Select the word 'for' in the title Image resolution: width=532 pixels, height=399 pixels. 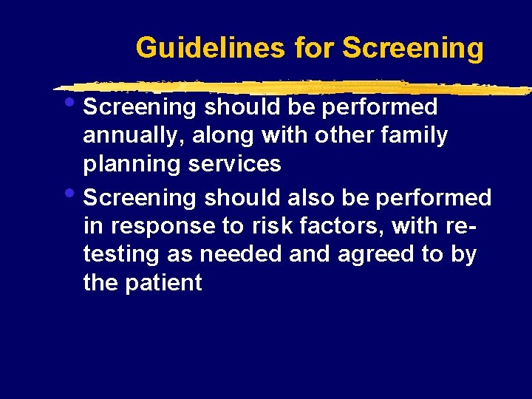pyautogui.click(x=313, y=48)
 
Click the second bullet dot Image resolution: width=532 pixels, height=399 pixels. pyautogui.click(x=76, y=194)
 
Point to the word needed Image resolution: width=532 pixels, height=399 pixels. pyautogui.click(x=236, y=254)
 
